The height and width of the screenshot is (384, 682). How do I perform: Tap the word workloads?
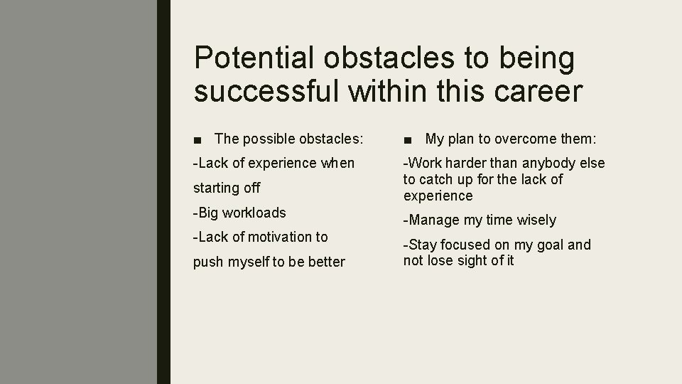pyautogui.click(x=254, y=213)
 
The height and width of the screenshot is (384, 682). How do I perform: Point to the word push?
pyautogui.click(x=208, y=262)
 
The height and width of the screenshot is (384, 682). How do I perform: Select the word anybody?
pyautogui.click(x=551, y=164)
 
